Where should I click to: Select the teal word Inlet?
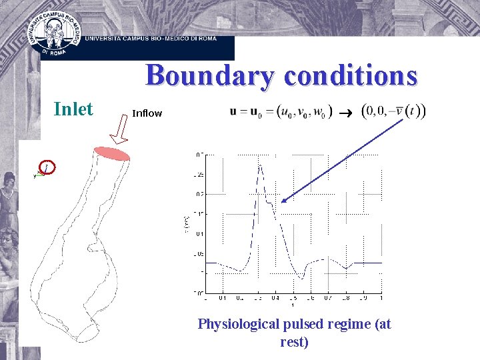pyautogui.click(x=73, y=109)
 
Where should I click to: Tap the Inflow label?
pyautogui.click(x=147, y=113)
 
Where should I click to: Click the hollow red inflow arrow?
pyautogui.click(x=121, y=130)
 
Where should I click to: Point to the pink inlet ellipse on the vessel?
pyautogui.click(x=112, y=153)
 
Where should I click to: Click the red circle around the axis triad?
pyautogui.click(x=47, y=167)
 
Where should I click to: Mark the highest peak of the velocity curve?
pyautogui.click(x=260, y=167)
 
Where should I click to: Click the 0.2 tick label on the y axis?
pyautogui.click(x=200, y=194)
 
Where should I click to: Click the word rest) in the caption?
pyautogui.click(x=294, y=342)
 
